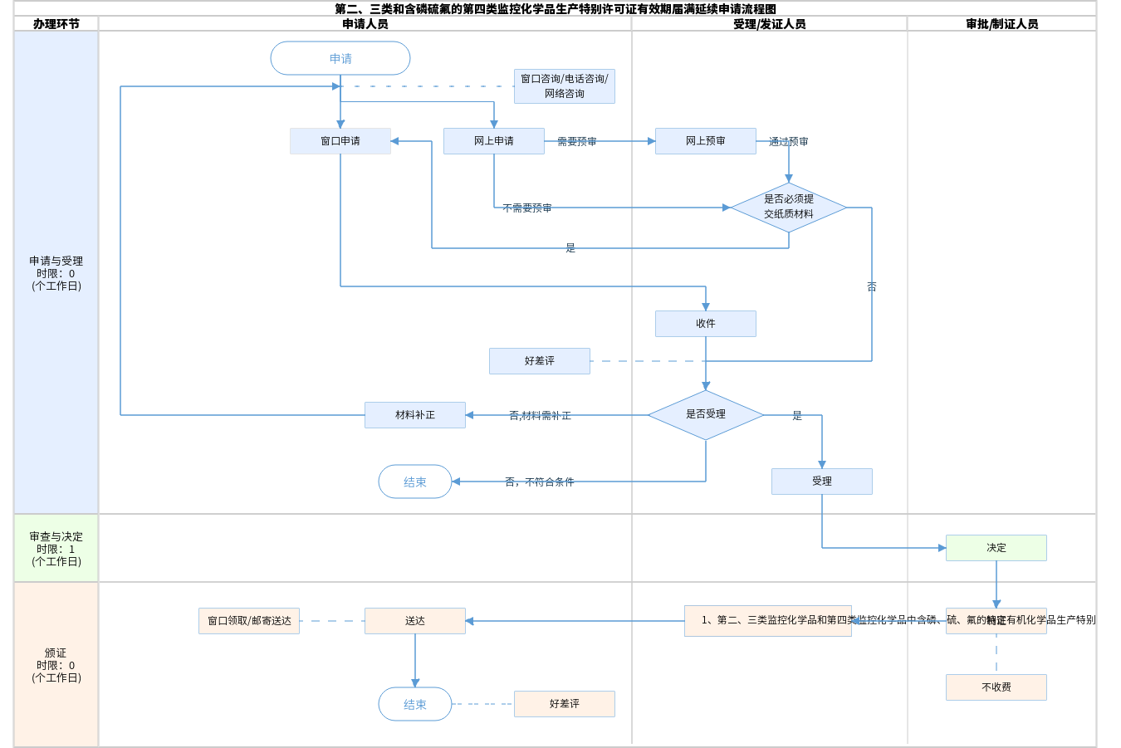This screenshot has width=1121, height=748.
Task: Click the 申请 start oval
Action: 340,58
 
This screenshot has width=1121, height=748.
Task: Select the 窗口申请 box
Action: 340,141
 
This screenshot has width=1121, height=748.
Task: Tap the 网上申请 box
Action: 494,141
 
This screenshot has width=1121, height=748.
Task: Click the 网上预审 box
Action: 706,141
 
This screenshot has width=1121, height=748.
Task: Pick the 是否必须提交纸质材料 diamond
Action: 789,207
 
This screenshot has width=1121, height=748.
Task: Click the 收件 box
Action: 706,324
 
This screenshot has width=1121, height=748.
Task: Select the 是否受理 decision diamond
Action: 706,414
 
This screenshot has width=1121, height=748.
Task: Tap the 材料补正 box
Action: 415,415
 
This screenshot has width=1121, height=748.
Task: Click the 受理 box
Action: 822,482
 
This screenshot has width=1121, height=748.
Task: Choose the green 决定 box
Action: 996,548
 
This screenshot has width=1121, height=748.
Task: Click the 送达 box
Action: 415,621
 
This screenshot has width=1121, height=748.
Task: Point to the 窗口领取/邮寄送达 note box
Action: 249,621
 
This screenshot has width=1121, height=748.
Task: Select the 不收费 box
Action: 996,687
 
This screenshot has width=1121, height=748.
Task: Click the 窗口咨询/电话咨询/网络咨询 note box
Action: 565,86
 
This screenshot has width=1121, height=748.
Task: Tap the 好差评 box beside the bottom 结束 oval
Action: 565,704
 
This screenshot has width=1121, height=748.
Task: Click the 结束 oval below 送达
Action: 415,704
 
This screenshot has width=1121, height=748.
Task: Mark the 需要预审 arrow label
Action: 577,142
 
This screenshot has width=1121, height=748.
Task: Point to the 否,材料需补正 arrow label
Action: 540,416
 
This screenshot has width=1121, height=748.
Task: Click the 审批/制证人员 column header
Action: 1001,24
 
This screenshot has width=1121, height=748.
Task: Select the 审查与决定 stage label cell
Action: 56,549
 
